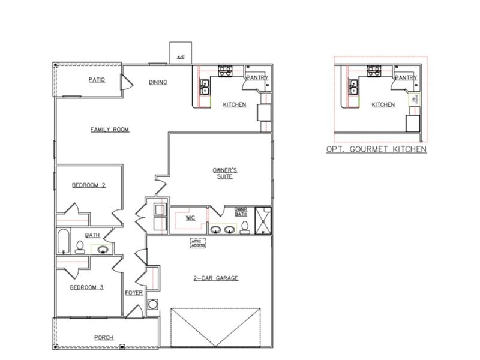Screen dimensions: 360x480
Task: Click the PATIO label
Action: coord(97,80)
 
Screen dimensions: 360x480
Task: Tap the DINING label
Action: coord(158,82)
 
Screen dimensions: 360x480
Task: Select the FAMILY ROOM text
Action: coord(110,129)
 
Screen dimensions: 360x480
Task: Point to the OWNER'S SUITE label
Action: coord(223,173)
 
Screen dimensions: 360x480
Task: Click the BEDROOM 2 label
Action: coord(89,185)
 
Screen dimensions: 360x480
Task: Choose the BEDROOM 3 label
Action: coord(87,287)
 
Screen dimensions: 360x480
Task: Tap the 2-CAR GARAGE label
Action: coord(216,278)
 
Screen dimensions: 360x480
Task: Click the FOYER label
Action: coord(134,293)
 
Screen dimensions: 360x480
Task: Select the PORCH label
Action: coord(104,337)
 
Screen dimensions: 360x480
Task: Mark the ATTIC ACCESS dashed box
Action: coord(198,242)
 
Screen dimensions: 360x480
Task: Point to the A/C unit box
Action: coord(180,52)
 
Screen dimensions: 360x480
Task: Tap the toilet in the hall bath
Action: coord(80,246)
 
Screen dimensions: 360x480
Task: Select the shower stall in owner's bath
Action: coord(263,220)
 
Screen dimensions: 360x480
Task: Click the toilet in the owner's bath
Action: coord(245,227)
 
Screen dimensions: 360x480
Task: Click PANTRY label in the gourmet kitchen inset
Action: coord(406,77)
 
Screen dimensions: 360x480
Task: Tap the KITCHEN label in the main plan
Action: coord(235,104)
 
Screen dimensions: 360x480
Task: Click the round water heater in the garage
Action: coord(152,304)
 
